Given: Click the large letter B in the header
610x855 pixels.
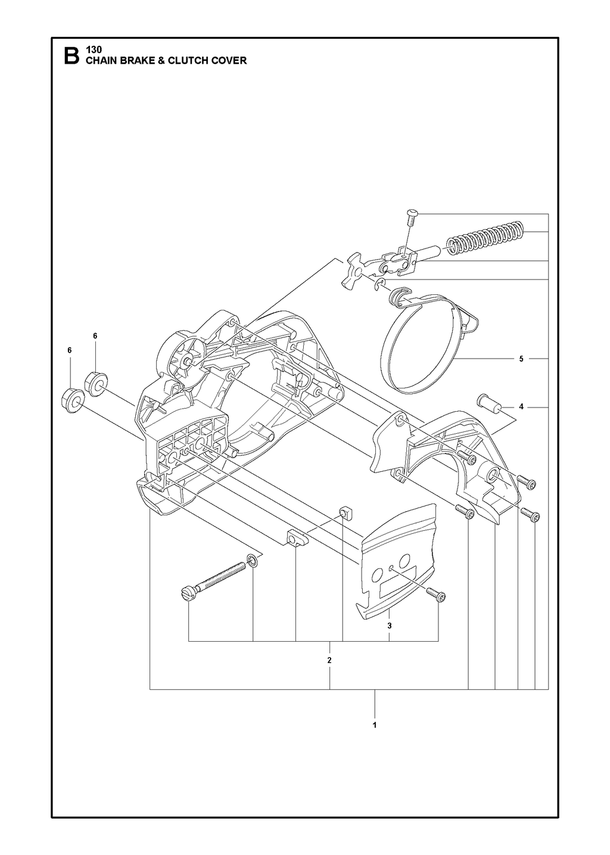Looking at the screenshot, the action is pyautogui.click(x=71, y=56).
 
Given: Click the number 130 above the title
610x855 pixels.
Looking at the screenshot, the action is pyautogui.click(x=94, y=49).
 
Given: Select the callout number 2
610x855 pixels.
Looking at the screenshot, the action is pyautogui.click(x=329, y=660).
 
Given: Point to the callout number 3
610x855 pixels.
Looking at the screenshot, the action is pyautogui.click(x=390, y=626).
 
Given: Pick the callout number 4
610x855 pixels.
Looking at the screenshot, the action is pyautogui.click(x=521, y=407).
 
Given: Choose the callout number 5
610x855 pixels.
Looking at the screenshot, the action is pyautogui.click(x=521, y=359).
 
